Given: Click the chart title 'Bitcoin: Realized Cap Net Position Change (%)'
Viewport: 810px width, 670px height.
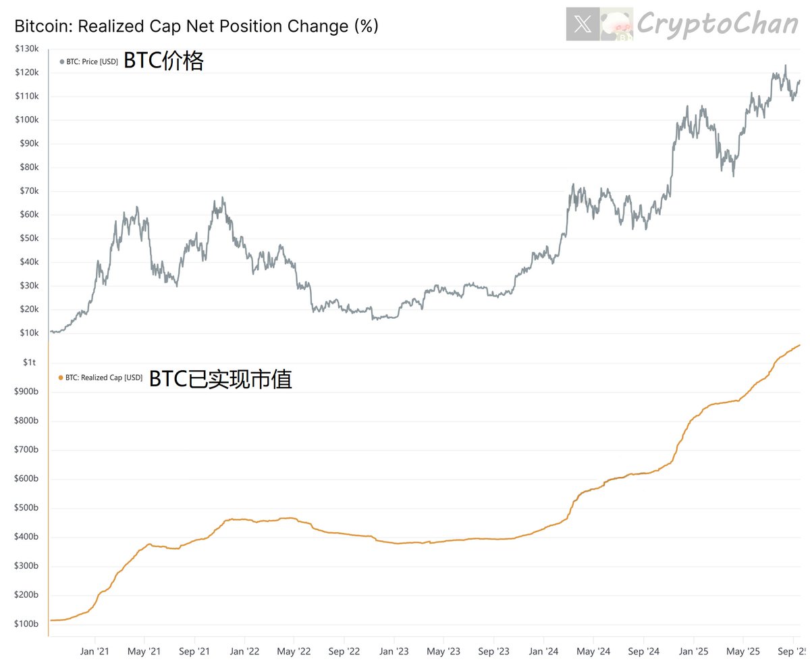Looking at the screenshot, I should (x=196, y=26).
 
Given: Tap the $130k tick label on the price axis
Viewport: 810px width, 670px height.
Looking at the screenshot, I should (x=26, y=49).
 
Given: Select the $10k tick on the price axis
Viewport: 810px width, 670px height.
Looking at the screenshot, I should (x=28, y=333).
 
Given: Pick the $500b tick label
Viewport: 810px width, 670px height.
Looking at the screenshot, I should (x=26, y=508).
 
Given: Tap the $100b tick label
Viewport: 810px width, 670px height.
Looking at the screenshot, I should (x=26, y=624).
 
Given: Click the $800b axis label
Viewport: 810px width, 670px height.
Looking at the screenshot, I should (x=26, y=421).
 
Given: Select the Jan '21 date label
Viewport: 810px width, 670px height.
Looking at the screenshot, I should (x=95, y=651).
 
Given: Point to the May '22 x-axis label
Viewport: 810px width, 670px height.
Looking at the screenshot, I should (x=294, y=651).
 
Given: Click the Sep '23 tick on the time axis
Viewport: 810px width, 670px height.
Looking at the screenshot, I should (x=493, y=651).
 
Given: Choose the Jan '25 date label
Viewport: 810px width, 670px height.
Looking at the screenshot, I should (x=693, y=651).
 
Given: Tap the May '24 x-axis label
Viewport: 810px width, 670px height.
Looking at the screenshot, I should (x=593, y=651).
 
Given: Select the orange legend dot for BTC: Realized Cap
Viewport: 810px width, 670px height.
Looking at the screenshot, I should (x=61, y=378).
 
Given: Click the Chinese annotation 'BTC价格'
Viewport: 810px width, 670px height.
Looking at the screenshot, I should (x=163, y=61).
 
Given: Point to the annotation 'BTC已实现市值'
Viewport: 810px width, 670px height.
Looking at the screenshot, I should (x=220, y=379).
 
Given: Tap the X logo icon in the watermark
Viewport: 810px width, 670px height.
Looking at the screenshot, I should (x=583, y=25).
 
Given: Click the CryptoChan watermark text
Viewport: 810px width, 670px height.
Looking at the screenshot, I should (x=718, y=24).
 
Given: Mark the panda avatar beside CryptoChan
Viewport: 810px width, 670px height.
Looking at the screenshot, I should (x=617, y=25).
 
